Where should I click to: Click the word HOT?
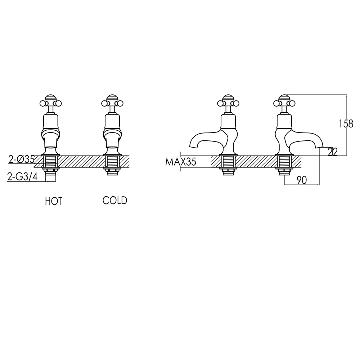point(53,201)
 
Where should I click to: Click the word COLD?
point(115,201)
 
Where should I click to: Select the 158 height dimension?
point(346,124)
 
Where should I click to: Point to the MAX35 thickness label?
point(180,162)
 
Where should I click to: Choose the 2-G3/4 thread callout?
point(22,176)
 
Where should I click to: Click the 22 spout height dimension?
point(333,152)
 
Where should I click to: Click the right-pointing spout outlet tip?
point(319,146)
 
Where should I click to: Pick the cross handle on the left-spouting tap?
point(228,103)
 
